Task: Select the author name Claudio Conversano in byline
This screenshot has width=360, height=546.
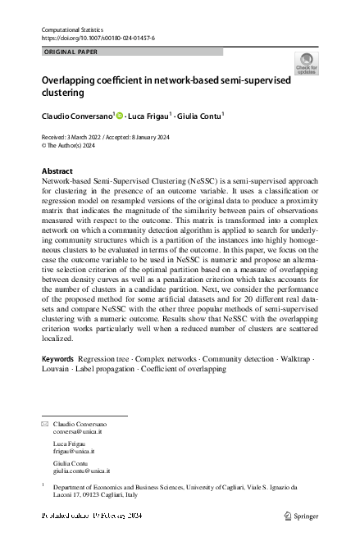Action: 76,116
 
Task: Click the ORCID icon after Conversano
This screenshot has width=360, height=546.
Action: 119,116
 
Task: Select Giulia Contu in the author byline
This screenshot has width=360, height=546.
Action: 199,116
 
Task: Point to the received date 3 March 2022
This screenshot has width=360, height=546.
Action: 84,137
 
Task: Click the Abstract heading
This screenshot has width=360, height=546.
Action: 57,171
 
